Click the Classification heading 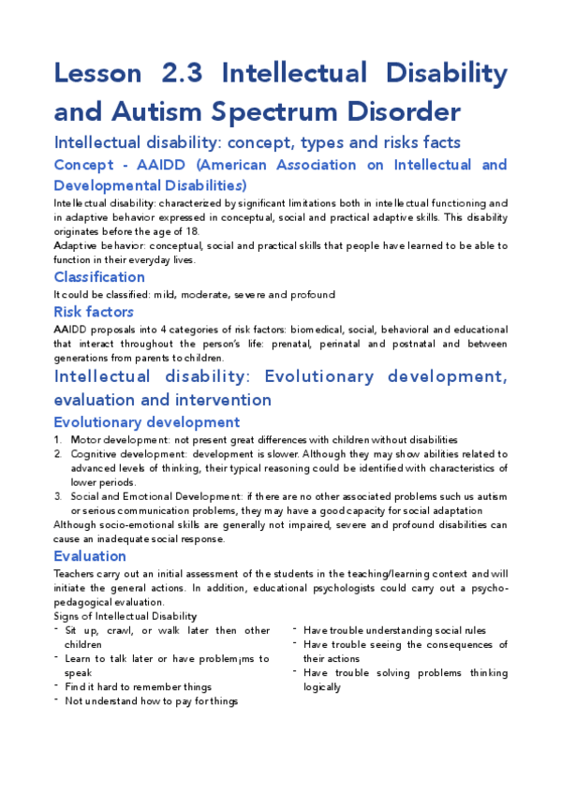[99, 277]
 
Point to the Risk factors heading [94, 312]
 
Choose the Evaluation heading [90, 556]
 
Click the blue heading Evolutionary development [146, 422]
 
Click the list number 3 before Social [58, 496]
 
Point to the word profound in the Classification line [314, 295]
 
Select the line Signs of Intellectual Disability [125, 616]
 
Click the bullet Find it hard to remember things [138, 686]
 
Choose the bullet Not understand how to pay [151, 700]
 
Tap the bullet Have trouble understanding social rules [394, 630]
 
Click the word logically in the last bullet [322, 686]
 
